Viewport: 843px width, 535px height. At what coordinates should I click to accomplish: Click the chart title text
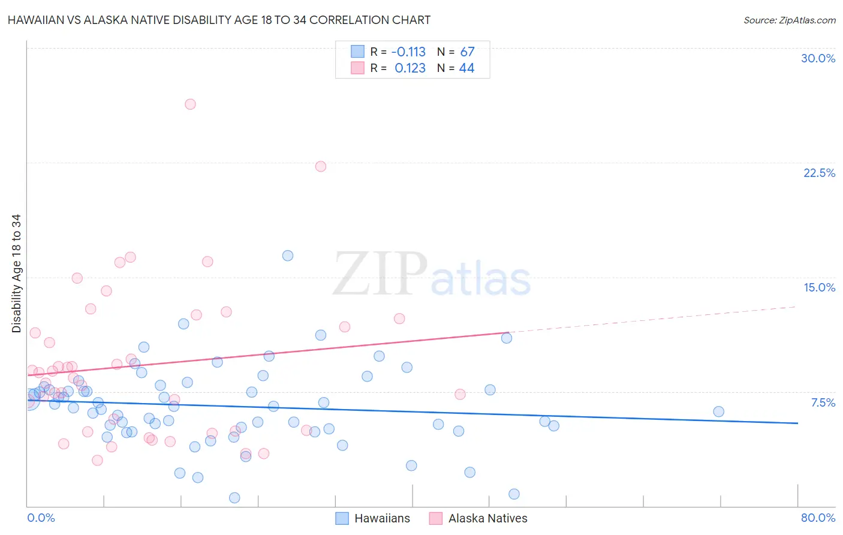coord(219,20)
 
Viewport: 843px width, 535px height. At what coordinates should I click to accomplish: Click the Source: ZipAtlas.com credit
coord(789,20)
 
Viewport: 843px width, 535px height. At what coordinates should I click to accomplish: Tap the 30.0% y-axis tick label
coord(818,58)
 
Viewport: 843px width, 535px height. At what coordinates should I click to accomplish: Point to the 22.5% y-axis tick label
coord(819,173)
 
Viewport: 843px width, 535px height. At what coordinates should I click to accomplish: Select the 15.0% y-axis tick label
coord(819,287)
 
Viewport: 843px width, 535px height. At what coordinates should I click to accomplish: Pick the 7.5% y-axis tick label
coord(823,402)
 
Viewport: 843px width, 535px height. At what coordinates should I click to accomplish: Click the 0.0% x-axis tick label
coord(41,518)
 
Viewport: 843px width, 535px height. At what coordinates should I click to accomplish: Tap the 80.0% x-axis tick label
coord(818,518)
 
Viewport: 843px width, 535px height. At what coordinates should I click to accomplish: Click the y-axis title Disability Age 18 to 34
coord(16,273)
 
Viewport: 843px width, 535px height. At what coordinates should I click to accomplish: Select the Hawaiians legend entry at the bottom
coord(373,518)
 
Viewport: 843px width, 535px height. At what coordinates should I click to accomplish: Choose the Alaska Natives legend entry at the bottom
coord(478,518)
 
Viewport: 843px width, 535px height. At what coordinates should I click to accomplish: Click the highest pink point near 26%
coord(190,104)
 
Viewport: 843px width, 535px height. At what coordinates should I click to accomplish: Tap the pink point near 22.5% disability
coord(321,166)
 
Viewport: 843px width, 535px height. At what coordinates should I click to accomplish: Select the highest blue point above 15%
coord(288,256)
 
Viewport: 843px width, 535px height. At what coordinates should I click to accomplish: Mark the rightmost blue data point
coord(718,411)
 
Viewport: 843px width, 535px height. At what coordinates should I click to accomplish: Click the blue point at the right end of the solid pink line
coord(507,338)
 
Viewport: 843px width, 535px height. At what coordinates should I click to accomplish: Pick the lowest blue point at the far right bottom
coord(514,494)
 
